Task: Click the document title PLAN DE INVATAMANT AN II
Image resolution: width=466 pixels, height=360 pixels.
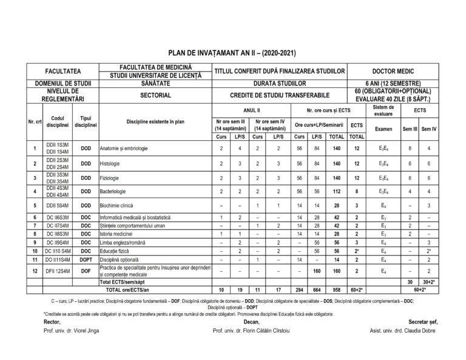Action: pos(233,53)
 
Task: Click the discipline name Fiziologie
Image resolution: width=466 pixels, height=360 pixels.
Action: pos(112,178)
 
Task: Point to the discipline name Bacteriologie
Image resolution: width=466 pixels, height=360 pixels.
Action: pos(115,192)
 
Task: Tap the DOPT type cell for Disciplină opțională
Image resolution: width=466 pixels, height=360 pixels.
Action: pos(86,259)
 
